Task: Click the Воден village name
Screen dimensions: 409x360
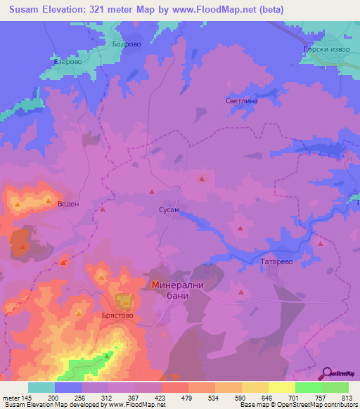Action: click(69, 204)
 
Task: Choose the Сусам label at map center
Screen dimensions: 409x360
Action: click(168, 210)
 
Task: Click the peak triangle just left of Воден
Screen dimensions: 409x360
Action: click(49, 202)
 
